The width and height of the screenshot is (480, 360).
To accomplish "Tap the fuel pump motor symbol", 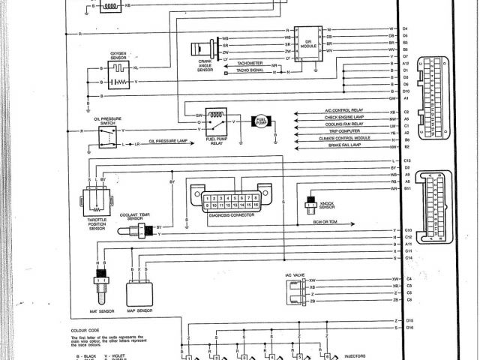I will [262, 121].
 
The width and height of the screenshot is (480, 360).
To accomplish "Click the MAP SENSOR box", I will [140, 289].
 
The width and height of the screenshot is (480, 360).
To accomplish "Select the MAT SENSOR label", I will [99, 309].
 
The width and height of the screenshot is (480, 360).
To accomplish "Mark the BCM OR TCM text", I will [324, 220].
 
